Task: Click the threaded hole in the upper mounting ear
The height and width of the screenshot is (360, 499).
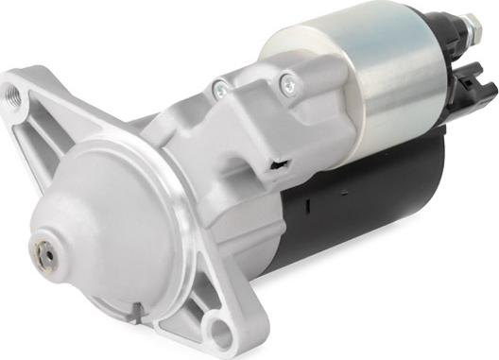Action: (x=13, y=94)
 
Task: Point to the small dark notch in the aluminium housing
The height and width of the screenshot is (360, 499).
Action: (x=276, y=166)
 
